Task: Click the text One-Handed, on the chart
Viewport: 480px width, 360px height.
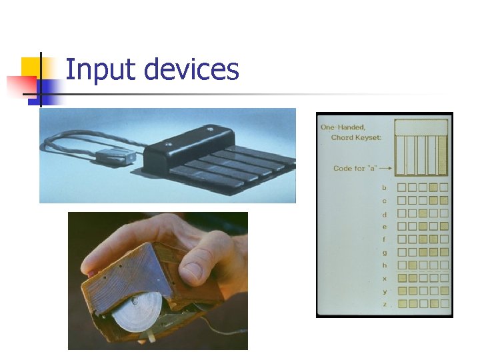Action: tap(343, 127)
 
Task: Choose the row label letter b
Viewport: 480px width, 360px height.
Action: tap(384, 188)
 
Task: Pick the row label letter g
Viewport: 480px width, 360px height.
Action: tap(384, 252)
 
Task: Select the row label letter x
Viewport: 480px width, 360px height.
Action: tap(384, 278)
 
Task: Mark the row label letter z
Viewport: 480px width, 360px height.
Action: tap(384, 304)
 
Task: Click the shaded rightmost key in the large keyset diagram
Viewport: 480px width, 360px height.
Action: tap(441, 155)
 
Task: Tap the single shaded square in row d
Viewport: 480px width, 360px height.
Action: tap(423, 214)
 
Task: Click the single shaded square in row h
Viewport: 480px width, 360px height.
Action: tap(412, 265)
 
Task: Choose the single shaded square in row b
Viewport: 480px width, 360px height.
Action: tap(433, 188)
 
